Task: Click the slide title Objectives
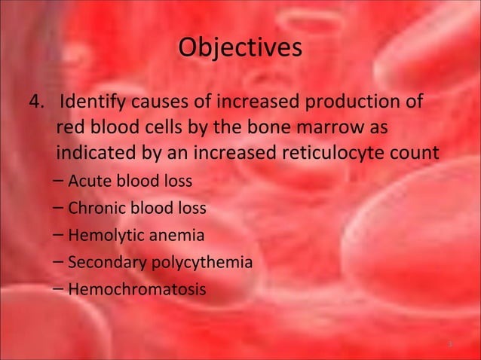[240, 47]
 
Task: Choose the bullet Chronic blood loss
[136, 209]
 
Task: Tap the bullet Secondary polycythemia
[160, 263]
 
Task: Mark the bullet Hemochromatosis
[136, 289]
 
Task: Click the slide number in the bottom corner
[449, 344]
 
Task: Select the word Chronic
[93, 209]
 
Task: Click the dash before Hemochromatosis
[60, 289]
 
